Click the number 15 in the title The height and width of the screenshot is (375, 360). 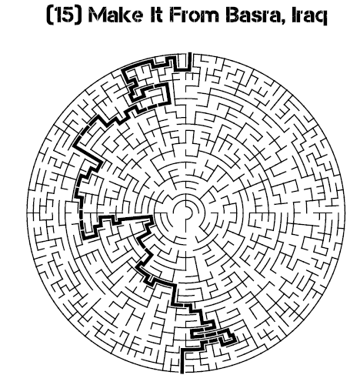(x=65, y=15)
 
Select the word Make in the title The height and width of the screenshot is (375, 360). (x=115, y=15)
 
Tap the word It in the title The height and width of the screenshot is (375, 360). (x=156, y=15)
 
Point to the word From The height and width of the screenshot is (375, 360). (x=195, y=15)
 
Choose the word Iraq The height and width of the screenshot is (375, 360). (x=310, y=17)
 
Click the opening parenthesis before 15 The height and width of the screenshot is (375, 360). (x=50, y=15)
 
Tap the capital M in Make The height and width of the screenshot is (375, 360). (x=98, y=15)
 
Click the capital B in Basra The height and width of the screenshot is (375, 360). (x=233, y=15)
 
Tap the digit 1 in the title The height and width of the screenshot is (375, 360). (x=58, y=15)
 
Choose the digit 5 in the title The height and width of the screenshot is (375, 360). (x=68, y=15)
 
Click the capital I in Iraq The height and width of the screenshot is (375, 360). (x=295, y=15)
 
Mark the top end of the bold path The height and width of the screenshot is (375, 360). (x=190, y=53)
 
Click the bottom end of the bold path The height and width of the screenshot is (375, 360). (x=182, y=372)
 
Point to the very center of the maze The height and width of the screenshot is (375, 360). (x=186, y=213)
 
